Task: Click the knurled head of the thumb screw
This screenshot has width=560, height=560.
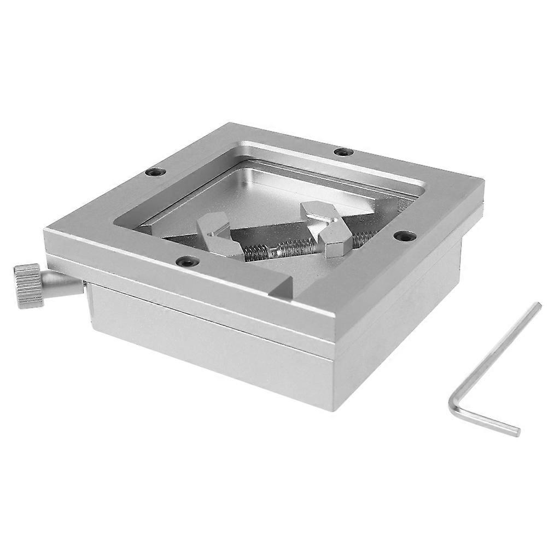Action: pyautogui.click(x=27, y=284)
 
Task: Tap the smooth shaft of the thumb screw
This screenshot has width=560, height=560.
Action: pyautogui.click(x=63, y=283)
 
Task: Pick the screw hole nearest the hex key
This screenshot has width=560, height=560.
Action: pyautogui.click(x=405, y=236)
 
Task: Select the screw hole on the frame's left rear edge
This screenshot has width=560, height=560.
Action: pyautogui.click(x=155, y=172)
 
